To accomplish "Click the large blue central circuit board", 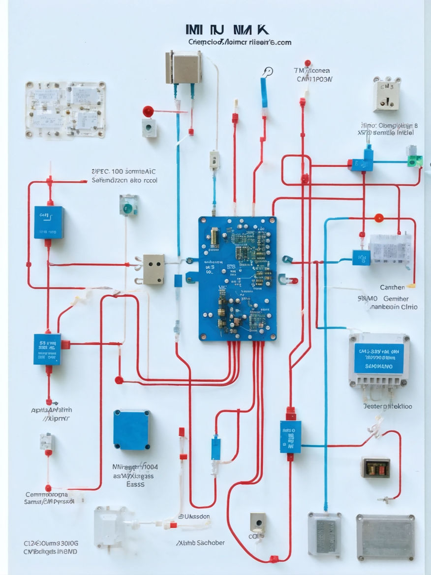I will (x=237, y=278).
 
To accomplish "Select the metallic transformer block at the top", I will (x=184, y=66).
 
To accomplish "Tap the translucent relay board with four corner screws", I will (x=65, y=109).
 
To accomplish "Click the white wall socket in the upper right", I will (x=386, y=94).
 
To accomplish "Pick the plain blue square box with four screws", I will (x=132, y=429).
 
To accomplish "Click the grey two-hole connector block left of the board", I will (x=153, y=269).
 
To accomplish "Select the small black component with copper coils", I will (x=375, y=467).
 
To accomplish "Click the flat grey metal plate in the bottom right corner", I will (x=385, y=537).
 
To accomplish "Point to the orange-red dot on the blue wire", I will (x=378, y=218).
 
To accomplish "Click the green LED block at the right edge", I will (x=415, y=160).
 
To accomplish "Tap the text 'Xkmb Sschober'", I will (x=200, y=543).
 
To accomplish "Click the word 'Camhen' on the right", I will (x=392, y=287).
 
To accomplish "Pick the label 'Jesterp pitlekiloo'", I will (x=387, y=407).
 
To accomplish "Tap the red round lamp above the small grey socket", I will (x=148, y=111).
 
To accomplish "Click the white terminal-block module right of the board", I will (x=390, y=250).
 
